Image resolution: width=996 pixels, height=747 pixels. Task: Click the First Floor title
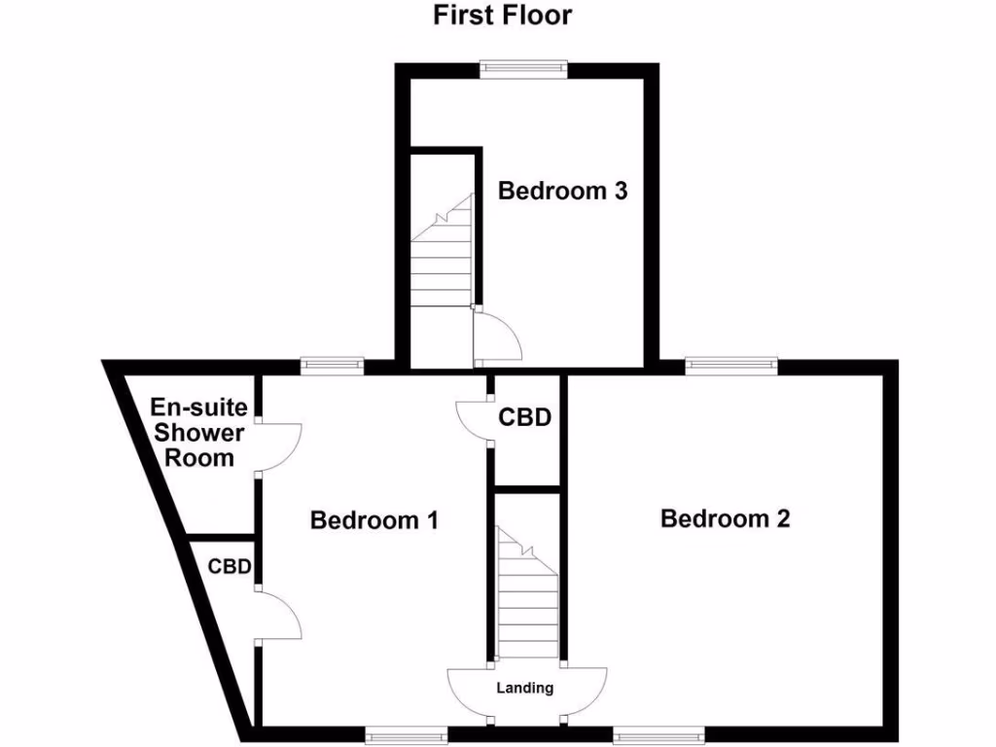(502, 16)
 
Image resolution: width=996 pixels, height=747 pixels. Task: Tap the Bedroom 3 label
(562, 191)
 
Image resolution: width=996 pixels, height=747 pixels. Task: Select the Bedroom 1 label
(373, 520)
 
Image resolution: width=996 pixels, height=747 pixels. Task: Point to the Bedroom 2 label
(725, 518)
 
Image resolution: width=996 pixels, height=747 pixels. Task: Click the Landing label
(525, 689)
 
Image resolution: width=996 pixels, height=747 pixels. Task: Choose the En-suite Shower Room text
(198, 433)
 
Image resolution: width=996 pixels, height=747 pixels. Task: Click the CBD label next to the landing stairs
(525, 418)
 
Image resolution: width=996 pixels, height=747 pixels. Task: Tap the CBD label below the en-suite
(231, 566)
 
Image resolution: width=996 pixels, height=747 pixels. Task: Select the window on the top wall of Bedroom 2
(731, 366)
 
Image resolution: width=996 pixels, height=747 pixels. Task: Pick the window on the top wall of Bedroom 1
(331, 366)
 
